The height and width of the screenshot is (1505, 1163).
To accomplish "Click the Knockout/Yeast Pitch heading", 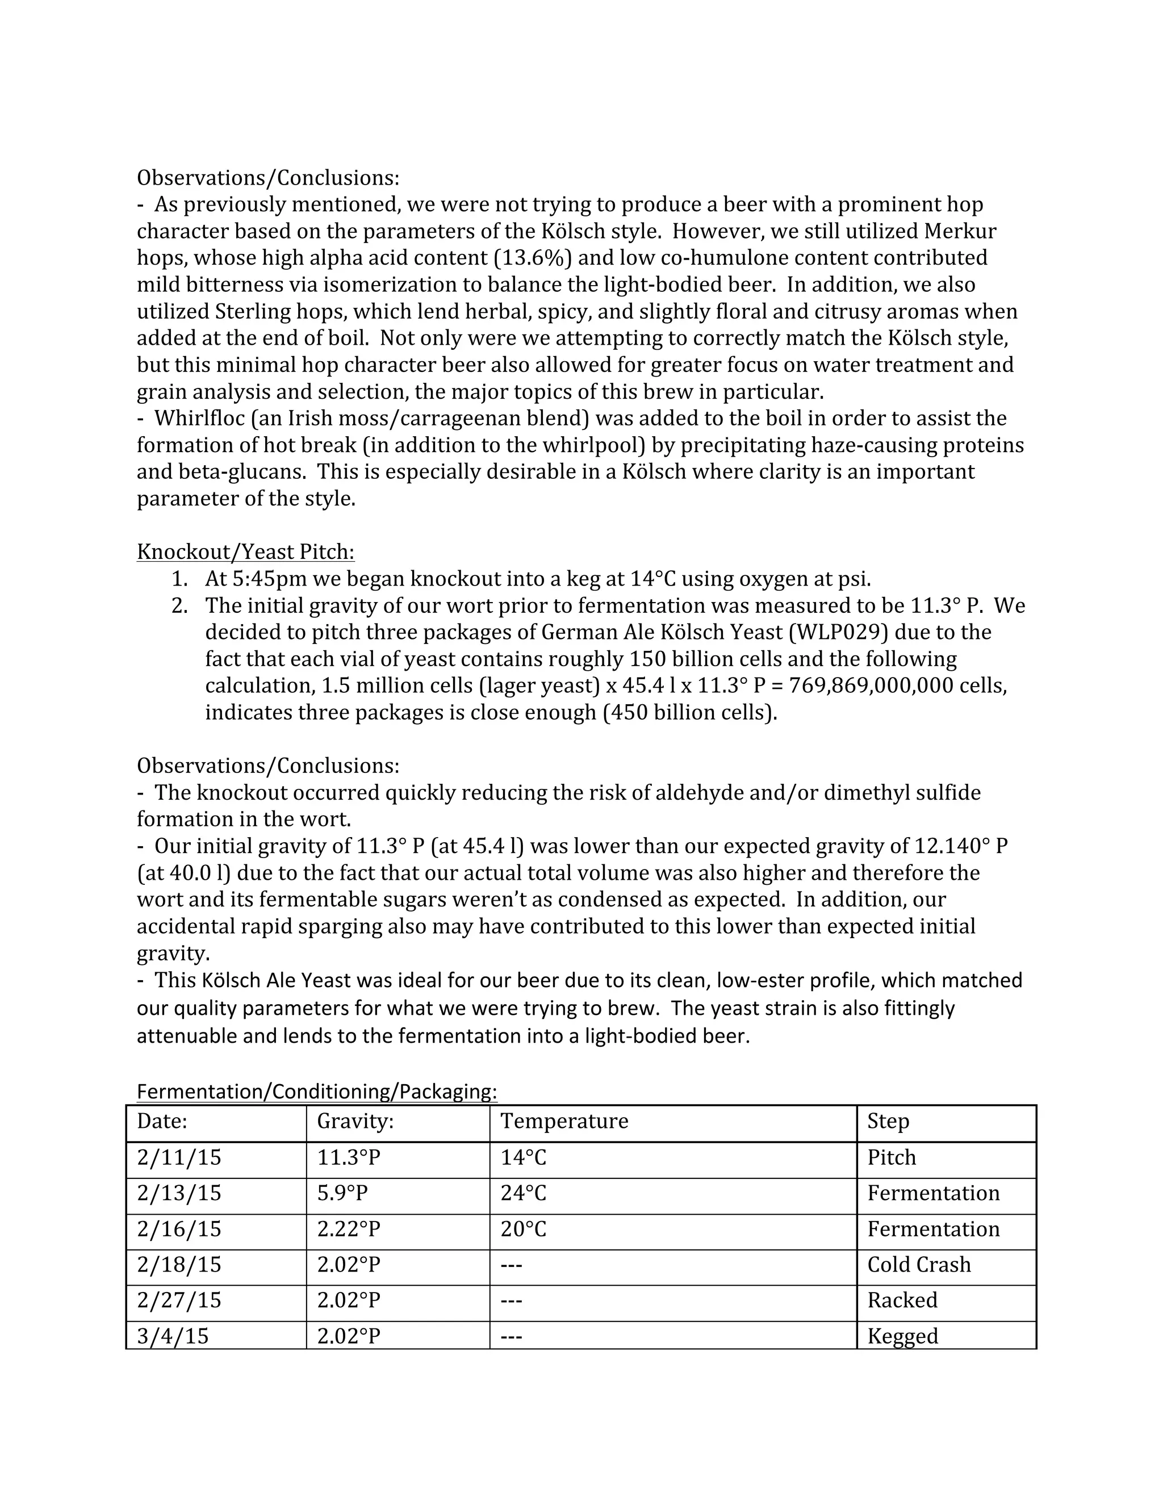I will (245, 552).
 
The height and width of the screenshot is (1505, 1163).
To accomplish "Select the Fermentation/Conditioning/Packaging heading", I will (316, 1092).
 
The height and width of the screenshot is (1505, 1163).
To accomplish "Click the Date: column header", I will (162, 1121).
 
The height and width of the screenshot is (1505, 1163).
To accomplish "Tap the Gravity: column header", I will (355, 1121).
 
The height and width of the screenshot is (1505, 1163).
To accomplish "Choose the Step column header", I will (888, 1121).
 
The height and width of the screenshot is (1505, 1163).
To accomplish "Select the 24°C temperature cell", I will (523, 1193).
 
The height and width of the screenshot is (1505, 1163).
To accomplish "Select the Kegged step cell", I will (902, 1336).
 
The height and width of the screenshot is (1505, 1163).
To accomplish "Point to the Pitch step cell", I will (891, 1157).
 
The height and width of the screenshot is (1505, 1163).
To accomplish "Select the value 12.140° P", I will (960, 846).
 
